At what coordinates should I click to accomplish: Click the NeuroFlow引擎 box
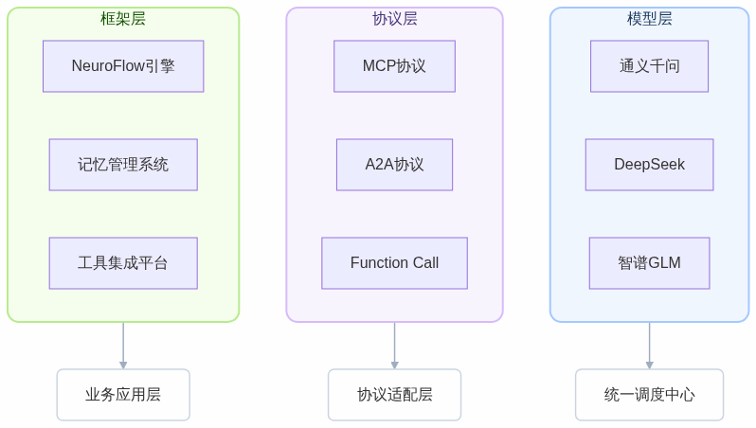click(x=123, y=66)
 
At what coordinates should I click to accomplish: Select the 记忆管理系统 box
click(x=123, y=165)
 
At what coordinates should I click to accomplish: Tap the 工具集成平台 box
click(x=123, y=263)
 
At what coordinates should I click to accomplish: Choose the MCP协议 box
click(x=394, y=66)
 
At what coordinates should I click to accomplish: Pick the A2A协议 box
click(x=394, y=165)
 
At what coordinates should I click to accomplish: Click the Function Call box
click(x=394, y=263)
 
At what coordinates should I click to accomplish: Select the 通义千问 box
click(x=649, y=66)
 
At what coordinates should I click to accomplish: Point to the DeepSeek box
click(x=649, y=165)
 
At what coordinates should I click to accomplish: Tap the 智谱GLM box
click(x=649, y=263)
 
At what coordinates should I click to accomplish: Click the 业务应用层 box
click(x=123, y=395)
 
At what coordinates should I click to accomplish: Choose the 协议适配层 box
click(x=394, y=395)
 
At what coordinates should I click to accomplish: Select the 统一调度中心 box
click(x=649, y=395)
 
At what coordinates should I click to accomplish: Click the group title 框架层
click(x=123, y=19)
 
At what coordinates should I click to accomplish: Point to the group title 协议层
click(x=394, y=19)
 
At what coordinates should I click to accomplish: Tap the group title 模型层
click(x=649, y=19)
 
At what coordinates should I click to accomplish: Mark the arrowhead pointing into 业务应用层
click(x=123, y=365)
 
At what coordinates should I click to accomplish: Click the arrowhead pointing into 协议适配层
click(x=394, y=365)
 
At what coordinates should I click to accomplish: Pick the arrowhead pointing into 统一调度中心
click(x=649, y=365)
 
